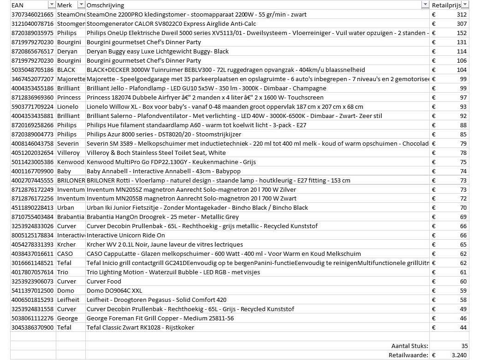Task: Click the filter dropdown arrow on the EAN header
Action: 51,5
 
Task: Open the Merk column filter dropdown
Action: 81,5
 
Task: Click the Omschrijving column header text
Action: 105,5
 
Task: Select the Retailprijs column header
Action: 445,5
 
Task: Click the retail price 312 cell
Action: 461,14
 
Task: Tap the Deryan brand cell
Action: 67,51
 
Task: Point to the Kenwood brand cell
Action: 71,162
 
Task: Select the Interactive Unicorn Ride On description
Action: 125,236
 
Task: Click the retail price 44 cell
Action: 463,328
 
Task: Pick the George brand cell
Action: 67,319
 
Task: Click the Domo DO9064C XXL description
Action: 114,291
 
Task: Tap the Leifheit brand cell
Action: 69,300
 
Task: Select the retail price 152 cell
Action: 461,33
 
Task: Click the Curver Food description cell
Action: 104,282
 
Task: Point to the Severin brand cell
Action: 67,143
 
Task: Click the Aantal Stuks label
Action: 409,346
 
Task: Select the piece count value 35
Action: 464,346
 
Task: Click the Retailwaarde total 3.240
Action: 459,355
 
